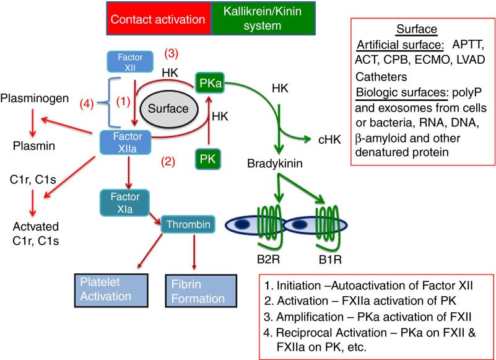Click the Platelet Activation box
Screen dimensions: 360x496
[110, 289]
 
